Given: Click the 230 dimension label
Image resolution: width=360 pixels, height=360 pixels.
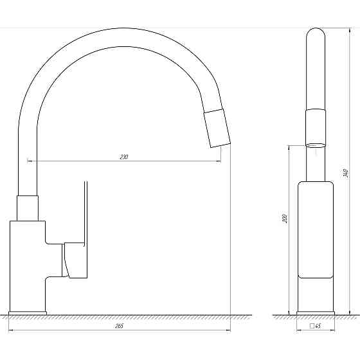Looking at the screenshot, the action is pos(123,157).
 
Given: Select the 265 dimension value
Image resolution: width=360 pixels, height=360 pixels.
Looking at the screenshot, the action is pos(120,326).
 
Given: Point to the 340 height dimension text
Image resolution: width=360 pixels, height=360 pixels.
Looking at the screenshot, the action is pos(346,174).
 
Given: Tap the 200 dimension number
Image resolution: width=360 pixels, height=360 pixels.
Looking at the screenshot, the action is pos(285,219).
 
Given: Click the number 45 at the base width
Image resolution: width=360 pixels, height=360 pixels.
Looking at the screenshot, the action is pos(318,326).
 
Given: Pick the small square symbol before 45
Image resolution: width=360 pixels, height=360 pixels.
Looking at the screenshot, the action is pos(312,326).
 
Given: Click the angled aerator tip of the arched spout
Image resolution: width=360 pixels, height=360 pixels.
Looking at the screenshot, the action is pos(217,128).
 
